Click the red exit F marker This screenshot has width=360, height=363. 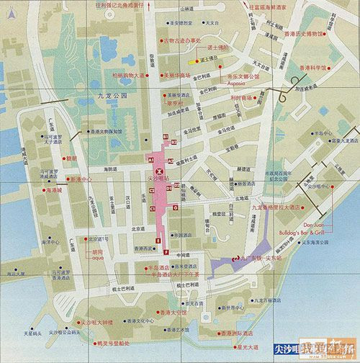pos(166,252)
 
